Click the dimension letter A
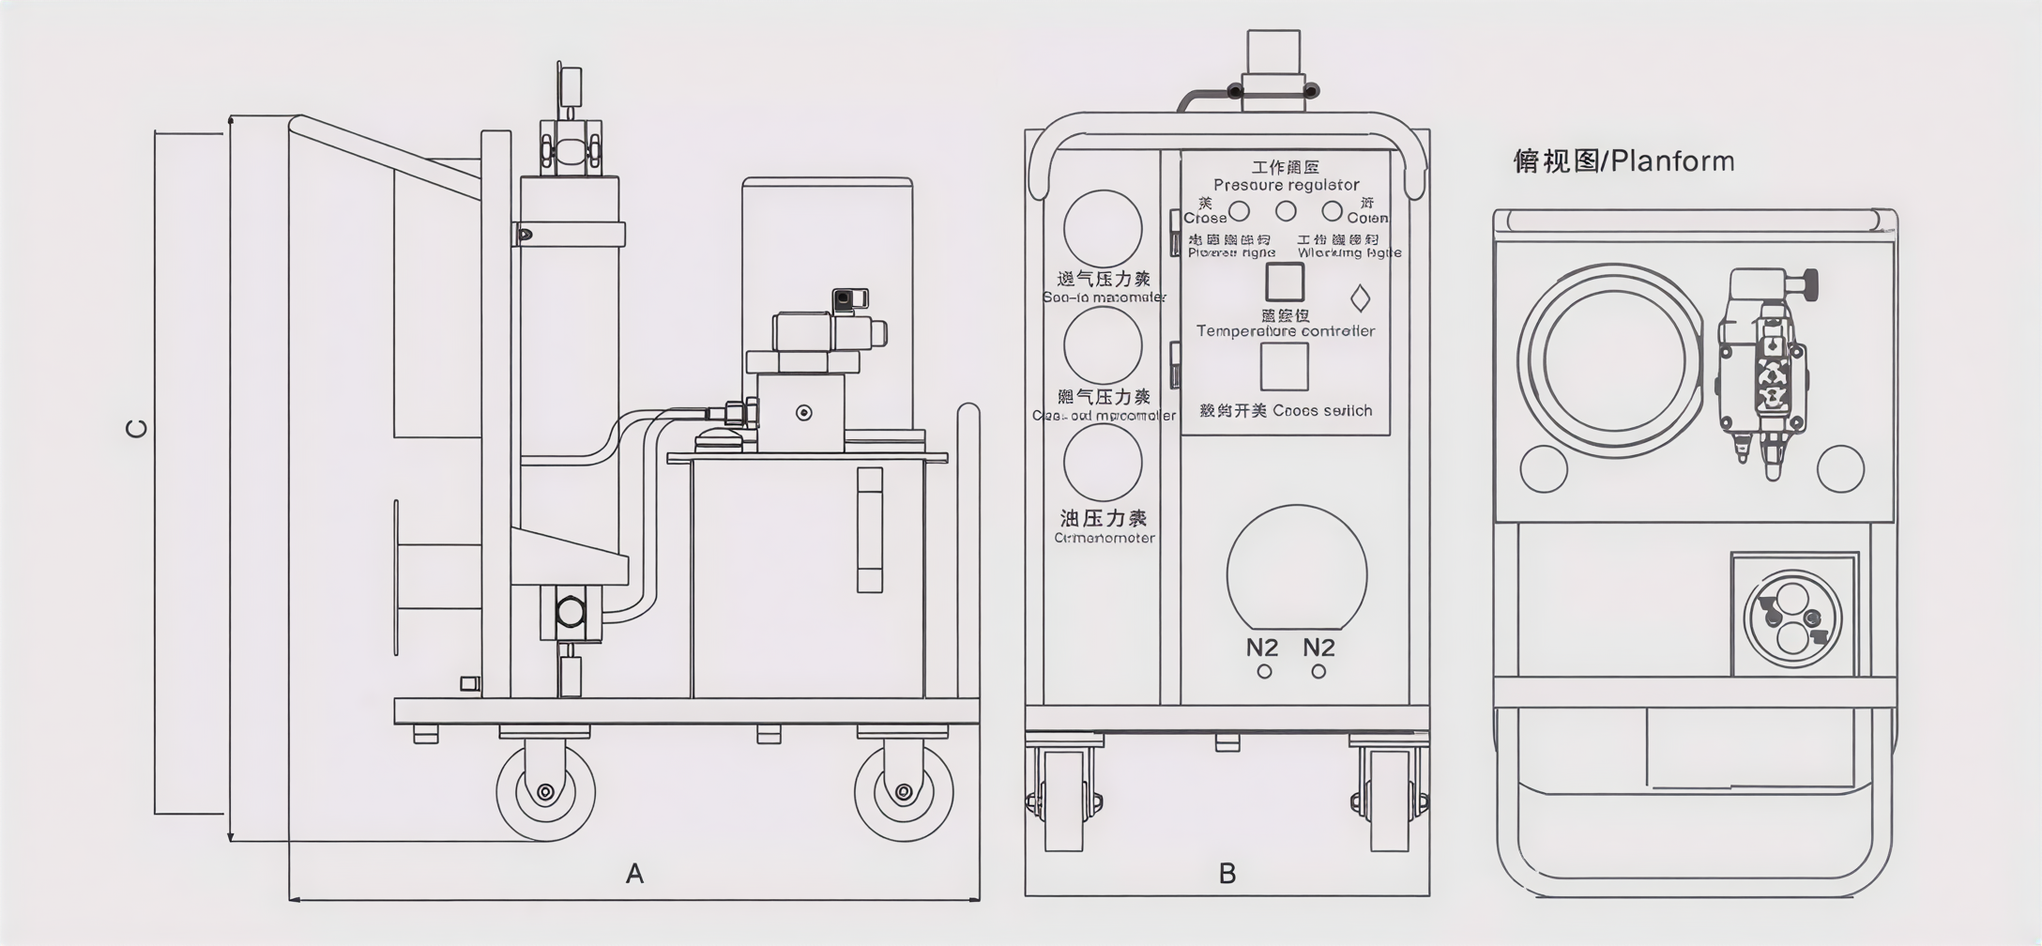coord(634,874)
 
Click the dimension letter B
coord(1227,874)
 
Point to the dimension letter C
coord(137,429)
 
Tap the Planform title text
coord(1623,161)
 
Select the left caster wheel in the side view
coord(545,791)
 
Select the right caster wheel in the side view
coord(904,791)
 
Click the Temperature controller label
coord(1285,331)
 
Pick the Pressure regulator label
coord(1286,185)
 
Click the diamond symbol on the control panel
coord(1360,298)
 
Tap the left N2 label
coord(1262,648)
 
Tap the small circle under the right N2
coord(1318,672)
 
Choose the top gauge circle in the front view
coord(1103,229)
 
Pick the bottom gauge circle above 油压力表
coord(1103,462)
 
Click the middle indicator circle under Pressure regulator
coord(1286,211)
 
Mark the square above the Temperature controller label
coord(1285,282)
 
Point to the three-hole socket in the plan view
coord(1792,618)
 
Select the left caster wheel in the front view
coord(1064,803)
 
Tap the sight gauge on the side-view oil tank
coord(870,530)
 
